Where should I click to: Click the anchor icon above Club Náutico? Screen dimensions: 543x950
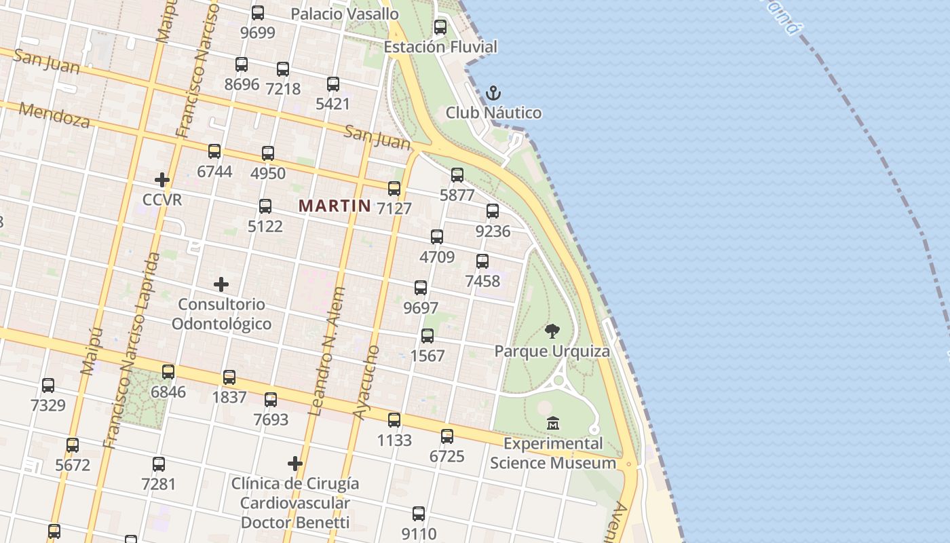pos(493,93)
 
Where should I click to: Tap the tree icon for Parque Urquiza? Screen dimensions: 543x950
pos(552,331)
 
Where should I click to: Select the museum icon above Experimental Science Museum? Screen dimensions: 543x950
pos(553,423)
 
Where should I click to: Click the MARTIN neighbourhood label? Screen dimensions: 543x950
pos(335,206)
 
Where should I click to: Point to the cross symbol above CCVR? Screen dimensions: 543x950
pos(161,180)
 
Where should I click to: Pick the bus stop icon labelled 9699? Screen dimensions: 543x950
pos(258,12)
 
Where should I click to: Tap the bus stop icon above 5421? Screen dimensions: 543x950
pos(333,84)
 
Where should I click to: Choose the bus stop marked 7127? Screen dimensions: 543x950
pos(394,189)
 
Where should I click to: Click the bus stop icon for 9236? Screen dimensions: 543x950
pos(493,211)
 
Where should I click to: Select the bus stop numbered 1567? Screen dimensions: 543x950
pos(427,336)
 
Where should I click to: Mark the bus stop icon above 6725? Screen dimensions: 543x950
pos(447,436)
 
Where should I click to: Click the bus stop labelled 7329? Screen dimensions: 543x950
pos(48,386)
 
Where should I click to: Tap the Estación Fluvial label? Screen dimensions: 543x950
pos(440,47)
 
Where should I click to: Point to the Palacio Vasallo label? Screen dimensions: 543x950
pos(345,14)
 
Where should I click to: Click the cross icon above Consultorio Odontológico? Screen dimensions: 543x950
pos(221,284)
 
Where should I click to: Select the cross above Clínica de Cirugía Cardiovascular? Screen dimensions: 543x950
pos(295,464)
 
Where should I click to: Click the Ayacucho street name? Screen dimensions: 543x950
pos(366,383)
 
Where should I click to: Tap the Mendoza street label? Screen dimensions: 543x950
pos(54,115)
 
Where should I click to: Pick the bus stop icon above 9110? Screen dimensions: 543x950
pos(419,514)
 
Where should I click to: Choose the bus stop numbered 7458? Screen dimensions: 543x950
pos(482,261)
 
